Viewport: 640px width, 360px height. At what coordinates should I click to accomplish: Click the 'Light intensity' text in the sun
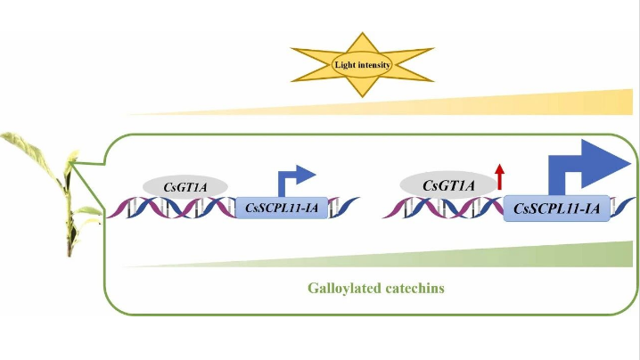362,64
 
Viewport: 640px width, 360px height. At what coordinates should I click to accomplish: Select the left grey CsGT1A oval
185,185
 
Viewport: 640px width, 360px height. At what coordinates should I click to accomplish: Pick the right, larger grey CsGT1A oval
447,185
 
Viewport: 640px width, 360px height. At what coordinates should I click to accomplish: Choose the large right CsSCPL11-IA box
556,209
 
